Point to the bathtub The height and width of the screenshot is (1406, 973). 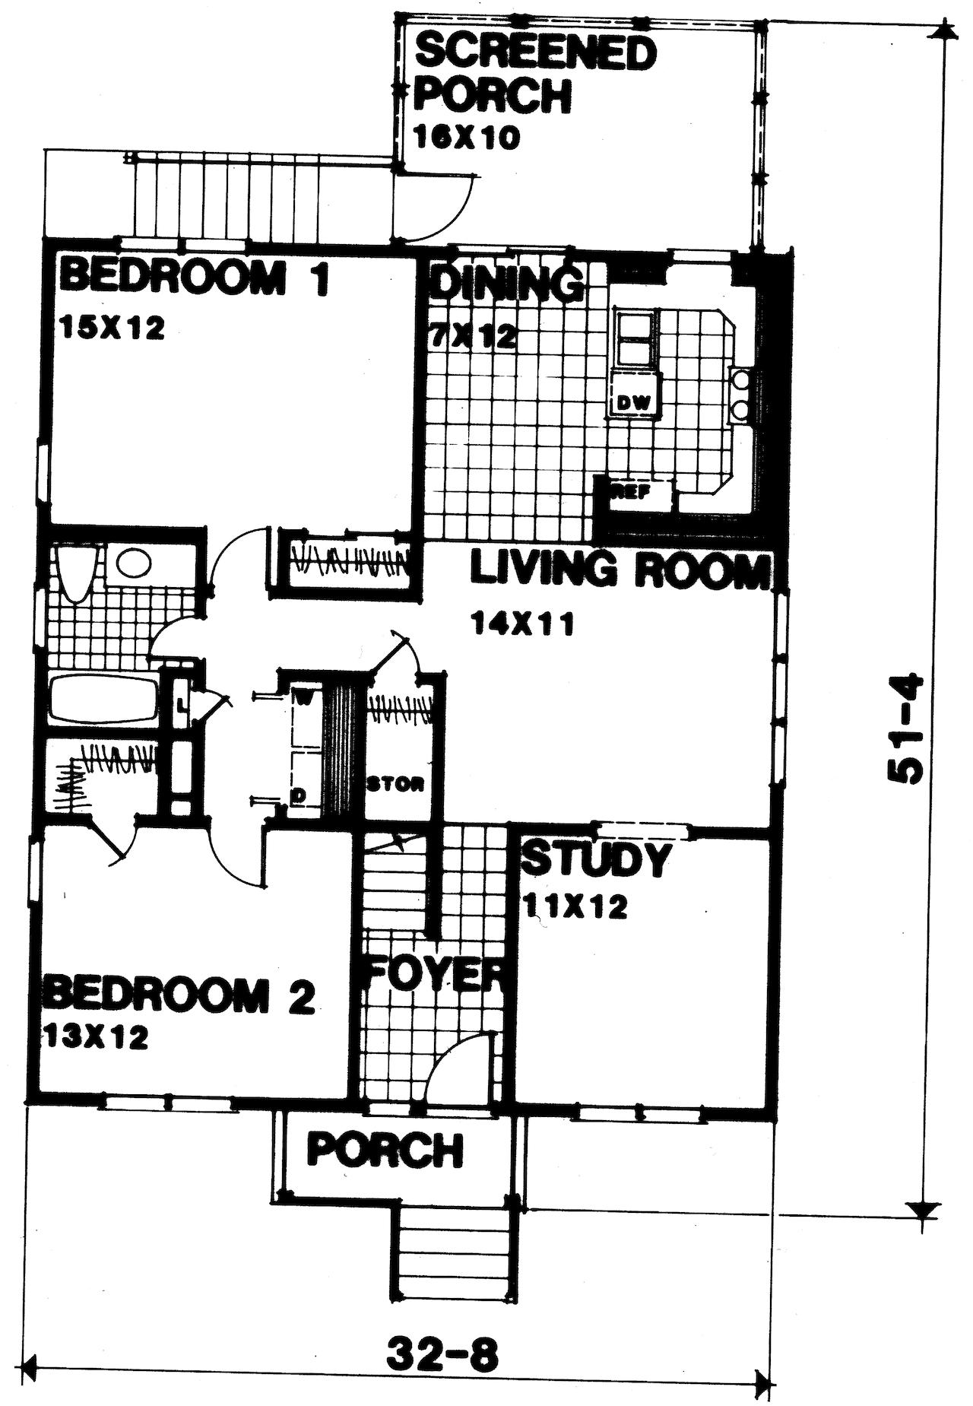pos(103,700)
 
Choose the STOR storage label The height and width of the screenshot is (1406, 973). pos(395,784)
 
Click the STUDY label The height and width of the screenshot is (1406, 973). pos(596,859)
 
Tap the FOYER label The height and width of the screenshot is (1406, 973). pos(434,975)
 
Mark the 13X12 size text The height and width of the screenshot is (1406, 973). pos(97,1037)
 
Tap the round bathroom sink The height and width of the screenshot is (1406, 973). pos(133,563)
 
